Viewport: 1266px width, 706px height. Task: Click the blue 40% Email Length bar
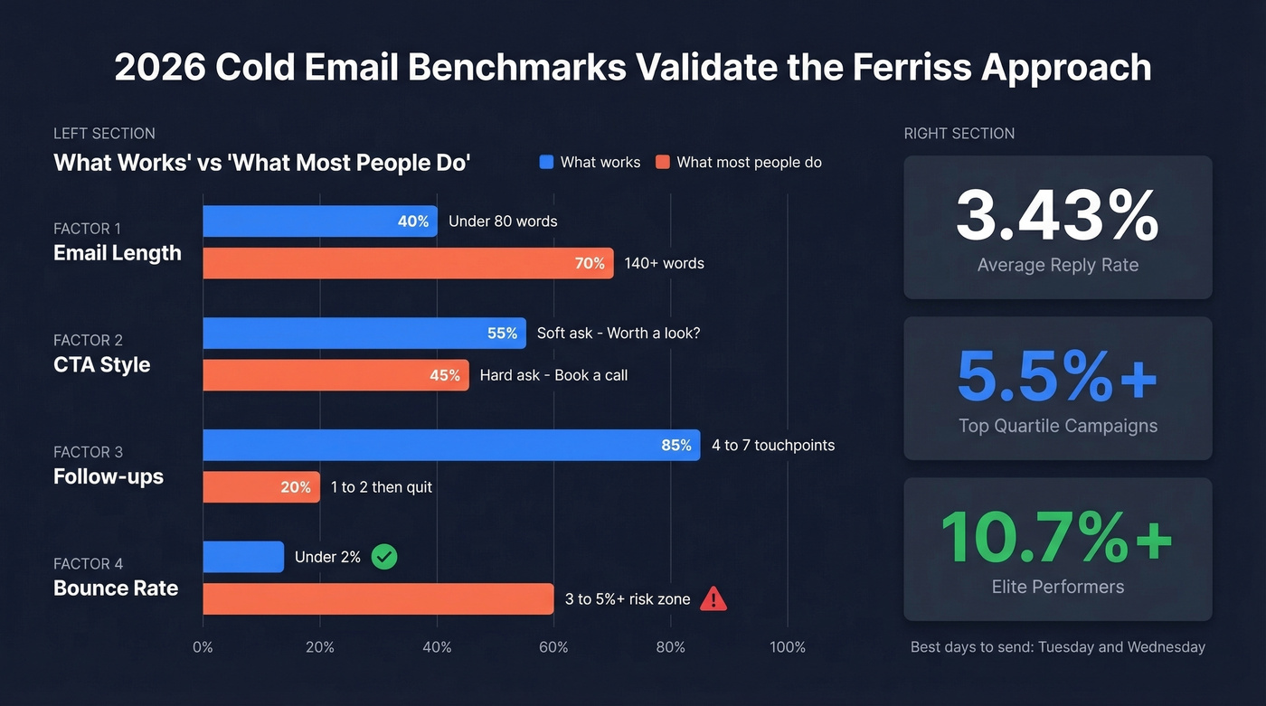coord(319,221)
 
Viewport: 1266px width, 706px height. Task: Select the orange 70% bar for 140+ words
coord(408,263)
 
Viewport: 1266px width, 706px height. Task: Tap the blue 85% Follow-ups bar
coord(451,445)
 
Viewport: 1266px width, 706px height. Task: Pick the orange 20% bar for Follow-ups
coord(260,487)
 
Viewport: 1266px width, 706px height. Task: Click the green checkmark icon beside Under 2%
coord(384,557)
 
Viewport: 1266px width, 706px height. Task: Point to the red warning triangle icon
coord(713,598)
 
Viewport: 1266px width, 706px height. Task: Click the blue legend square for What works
coord(546,163)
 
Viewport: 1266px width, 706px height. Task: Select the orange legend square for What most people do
coord(662,163)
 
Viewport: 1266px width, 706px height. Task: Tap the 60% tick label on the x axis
coord(553,647)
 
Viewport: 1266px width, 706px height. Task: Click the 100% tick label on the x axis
coord(787,647)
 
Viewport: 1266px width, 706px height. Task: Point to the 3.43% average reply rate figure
coord(1057,216)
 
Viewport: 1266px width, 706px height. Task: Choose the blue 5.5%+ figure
coord(1057,377)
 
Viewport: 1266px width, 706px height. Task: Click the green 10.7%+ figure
coord(1057,538)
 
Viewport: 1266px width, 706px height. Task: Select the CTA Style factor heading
coord(102,365)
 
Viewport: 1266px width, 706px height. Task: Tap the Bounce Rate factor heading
coord(116,588)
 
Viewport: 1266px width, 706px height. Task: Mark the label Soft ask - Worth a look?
coord(619,333)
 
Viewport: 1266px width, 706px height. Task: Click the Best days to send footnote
coord(1057,647)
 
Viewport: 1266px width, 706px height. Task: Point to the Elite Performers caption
coord(1057,587)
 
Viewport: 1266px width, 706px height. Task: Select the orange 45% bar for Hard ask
coord(335,375)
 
